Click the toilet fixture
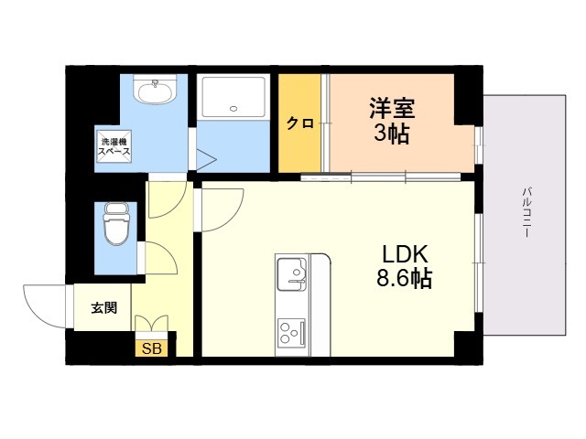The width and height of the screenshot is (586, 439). pyautogui.click(x=116, y=223)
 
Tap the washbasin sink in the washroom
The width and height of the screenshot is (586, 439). pyautogui.click(x=156, y=90)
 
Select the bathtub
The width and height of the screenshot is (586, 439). pyautogui.click(x=233, y=97)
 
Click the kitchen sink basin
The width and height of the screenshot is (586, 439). pyautogui.click(x=291, y=274)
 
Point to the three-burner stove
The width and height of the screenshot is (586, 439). pyautogui.click(x=291, y=331)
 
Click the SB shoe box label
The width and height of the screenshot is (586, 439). pyautogui.click(x=152, y=348)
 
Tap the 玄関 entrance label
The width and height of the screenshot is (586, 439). pyautogui.click(x=103, y=308)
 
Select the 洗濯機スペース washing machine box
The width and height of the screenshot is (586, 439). pyautogui.click(x=114, y=146)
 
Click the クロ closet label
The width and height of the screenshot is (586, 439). pyautogui.click(x=299, y=123)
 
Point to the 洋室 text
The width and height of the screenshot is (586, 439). pyautogui.click(x=392, y=108)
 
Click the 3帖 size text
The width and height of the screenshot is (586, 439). pyautogui.click(x=392, y=133)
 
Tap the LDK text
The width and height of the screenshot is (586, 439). pyautogui.click(x=404, y=254)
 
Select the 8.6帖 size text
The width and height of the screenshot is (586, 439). pyautogui.click(x=404, y=278)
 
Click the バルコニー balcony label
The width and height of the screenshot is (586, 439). pyautogui.click(x=527, y=213)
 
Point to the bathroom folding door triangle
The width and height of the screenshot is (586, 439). pyautogui.click(x=206, y=160)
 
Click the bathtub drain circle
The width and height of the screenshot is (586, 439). pyautogui.click(x=233, y=109)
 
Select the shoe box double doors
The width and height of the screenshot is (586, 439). pyautogui.click(x=152, y=323)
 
